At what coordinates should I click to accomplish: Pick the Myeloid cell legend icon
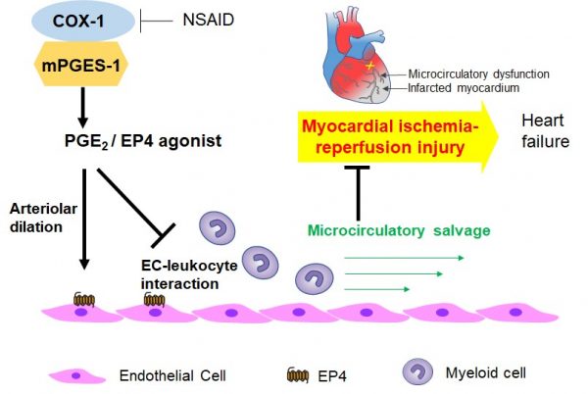point(415,372)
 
